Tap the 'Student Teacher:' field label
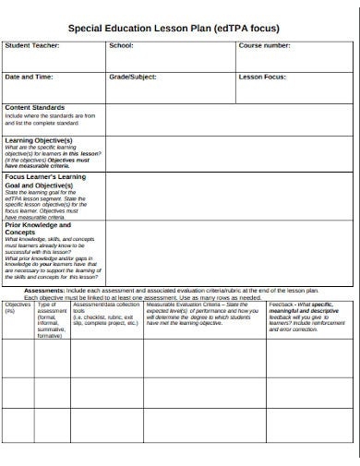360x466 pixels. click(32, 45)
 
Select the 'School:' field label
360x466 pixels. click(121, 45)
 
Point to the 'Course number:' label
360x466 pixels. click(266, 45)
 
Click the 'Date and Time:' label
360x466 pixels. click(29, 78)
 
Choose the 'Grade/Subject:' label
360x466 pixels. click(134, 78)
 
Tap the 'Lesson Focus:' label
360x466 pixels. click(262, 78)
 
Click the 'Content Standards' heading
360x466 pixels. click(35, 108)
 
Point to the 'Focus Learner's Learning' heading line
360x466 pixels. click(45, 176)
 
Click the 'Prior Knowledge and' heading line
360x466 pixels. click(38, 224)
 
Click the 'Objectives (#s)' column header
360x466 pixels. click(18, 306)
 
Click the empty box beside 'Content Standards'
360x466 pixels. click(231, 119)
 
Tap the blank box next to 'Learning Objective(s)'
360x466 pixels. click(231, 151)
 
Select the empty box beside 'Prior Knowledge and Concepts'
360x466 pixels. click(231, 252)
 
